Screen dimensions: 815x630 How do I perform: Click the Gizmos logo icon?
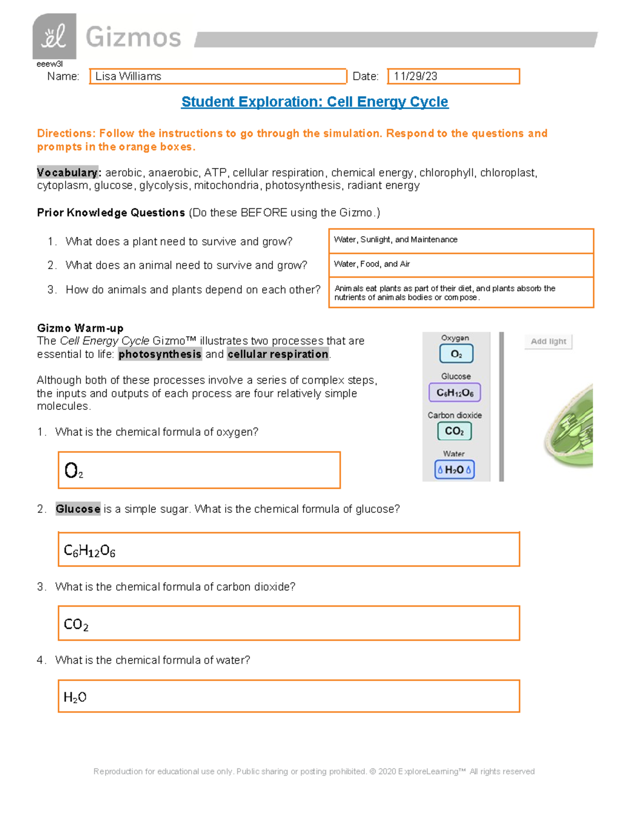[54, 36]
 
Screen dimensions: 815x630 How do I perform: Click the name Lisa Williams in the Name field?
[128, 77]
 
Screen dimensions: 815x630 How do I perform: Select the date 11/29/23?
[415, 77]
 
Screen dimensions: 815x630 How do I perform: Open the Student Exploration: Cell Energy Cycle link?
[314, 102]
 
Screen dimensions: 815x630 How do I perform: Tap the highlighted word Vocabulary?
[67, 173]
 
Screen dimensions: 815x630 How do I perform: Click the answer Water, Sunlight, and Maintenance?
[395, 240]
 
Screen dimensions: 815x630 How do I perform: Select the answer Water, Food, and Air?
[372, 264]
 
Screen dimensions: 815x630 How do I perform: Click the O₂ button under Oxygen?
[456, 354]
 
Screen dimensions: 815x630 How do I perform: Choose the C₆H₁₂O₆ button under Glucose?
[455, 393]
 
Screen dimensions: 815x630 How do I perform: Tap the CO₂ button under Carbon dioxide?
[454, 431]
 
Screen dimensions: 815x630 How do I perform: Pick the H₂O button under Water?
[454, 470]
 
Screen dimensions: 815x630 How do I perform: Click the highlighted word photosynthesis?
[160, 354]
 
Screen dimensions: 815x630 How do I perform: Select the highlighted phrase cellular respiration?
[278, 354]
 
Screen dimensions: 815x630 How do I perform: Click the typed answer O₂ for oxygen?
[73, 470]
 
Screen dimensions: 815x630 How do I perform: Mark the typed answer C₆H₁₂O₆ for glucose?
[89, 551]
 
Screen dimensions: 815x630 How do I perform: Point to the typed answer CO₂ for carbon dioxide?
[76, 625]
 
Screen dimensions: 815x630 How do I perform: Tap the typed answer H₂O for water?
[75, 697]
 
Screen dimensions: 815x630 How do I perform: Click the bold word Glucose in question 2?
[78, 509]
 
